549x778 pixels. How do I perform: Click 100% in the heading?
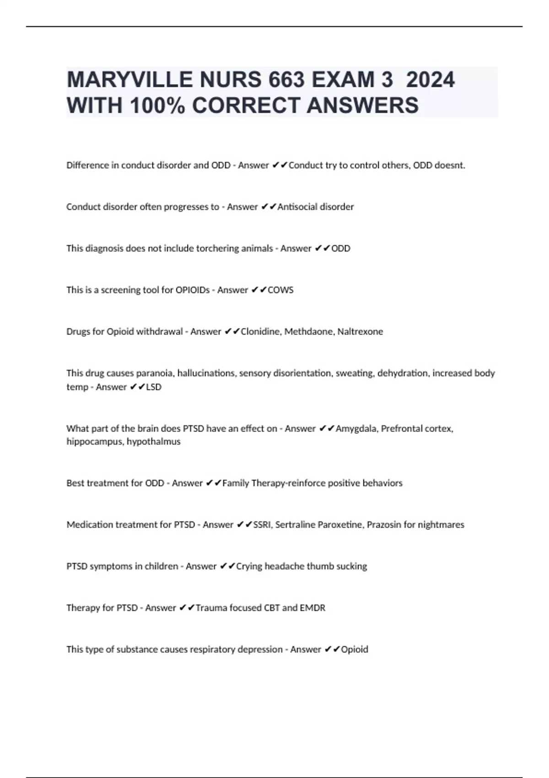point(157,105)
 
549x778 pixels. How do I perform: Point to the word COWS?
point(280,290)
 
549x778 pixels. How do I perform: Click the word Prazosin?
point(384,525)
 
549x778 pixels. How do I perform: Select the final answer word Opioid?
point(355,649)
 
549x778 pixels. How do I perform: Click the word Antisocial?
point(297,207)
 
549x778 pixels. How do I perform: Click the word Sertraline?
point(295,525)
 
